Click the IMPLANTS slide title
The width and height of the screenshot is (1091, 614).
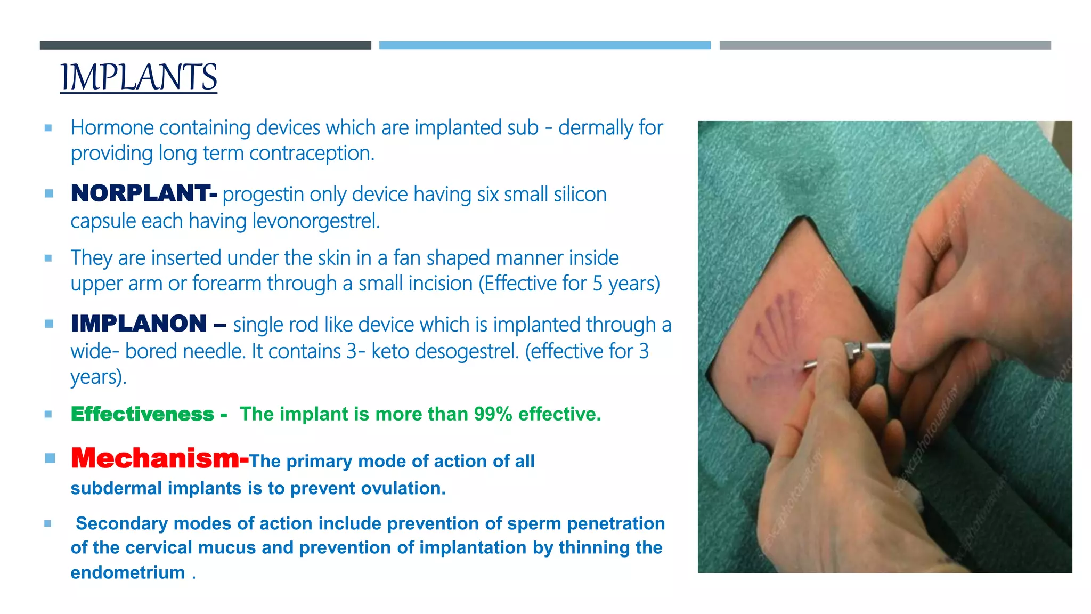(139, 77)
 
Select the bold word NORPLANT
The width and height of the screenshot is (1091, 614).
(140, 193)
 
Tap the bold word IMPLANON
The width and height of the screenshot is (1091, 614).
(139, 324)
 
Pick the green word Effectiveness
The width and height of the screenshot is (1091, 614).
(142, 414)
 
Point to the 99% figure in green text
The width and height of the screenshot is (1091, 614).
(493, 414)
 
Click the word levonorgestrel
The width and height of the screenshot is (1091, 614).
(315, 221)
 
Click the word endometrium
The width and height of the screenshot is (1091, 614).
(128, 572)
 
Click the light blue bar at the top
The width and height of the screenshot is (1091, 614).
(544, 45)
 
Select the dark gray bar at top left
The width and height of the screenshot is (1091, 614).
(205, 45)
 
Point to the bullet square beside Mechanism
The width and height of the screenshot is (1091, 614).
(50, 458)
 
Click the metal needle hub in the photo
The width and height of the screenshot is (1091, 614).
(854, 352)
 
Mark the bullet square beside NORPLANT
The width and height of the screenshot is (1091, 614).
(49, 193)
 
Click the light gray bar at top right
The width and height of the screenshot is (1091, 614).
(885, 45)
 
